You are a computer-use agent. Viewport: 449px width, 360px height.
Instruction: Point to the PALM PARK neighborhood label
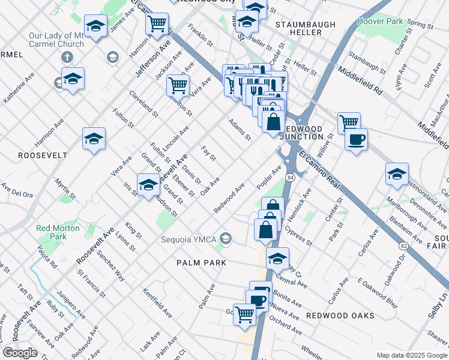point(201,263)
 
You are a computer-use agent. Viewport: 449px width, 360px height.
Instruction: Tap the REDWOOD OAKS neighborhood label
point(340,316)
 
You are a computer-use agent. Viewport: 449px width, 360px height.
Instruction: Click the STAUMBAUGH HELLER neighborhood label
point(298,28)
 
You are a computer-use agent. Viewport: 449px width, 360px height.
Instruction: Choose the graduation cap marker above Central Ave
point(277,259)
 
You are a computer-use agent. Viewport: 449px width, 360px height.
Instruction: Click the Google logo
point(20,352)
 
